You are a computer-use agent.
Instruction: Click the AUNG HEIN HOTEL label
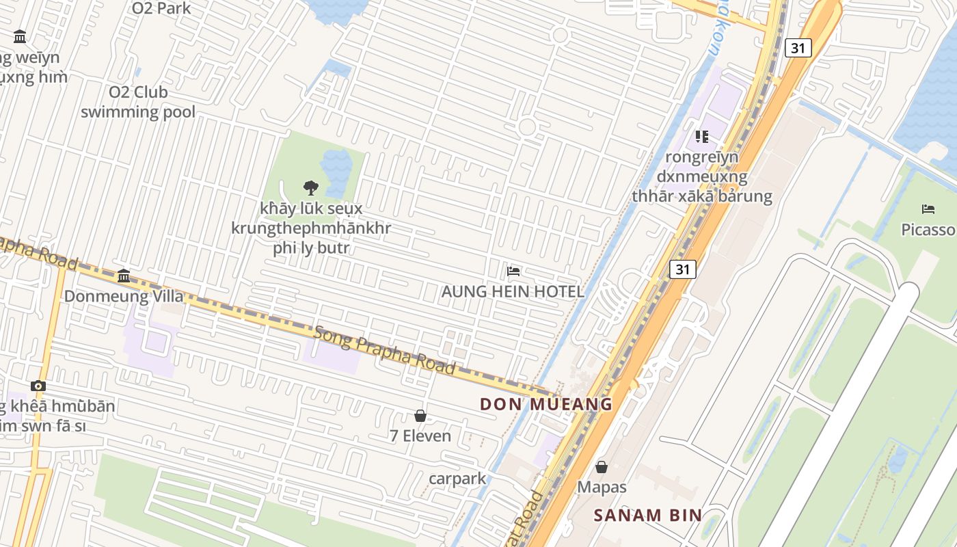(x=513, y=291)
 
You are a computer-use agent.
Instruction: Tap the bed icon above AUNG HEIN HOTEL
(x=513, y=271)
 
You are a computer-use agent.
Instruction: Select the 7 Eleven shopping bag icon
(x=420, y=416)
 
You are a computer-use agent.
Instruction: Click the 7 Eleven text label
(x=420, y=436)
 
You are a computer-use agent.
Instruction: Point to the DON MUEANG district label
(x=546, y=403)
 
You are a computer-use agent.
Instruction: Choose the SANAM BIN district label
(x=647, y=515)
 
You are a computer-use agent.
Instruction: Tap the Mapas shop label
(x=602, y=487)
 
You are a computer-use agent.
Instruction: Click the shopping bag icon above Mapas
(x=602, y=467)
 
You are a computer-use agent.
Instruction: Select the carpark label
(x=457, y=478)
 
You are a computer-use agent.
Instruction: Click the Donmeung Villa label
(x=124, y=296)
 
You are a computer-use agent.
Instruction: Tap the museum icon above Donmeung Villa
(x=124, y=276)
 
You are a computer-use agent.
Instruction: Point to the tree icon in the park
(x=311, y=187)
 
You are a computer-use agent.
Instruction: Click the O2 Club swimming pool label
(x=138, y=101)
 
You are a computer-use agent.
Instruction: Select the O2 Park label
(x=161, y=8)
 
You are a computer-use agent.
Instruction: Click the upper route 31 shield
(x=798, y=48)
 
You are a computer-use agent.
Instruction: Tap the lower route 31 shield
(x=682, y=269)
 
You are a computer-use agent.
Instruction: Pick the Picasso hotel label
(x=928, y=229)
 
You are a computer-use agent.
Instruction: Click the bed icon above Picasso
(x=928, y=209)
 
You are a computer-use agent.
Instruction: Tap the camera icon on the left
(x=38, y=386)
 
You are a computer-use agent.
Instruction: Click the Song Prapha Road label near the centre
(x=385, y=350)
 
